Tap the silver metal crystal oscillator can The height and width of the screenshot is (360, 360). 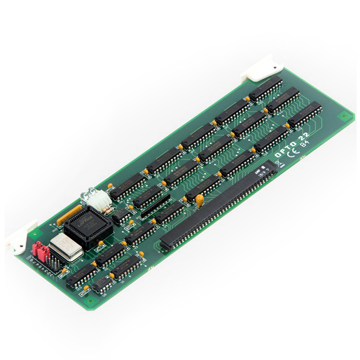(65, 248)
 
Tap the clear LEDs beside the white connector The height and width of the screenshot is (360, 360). (88, 194)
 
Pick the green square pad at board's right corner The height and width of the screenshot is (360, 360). (343, 118)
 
